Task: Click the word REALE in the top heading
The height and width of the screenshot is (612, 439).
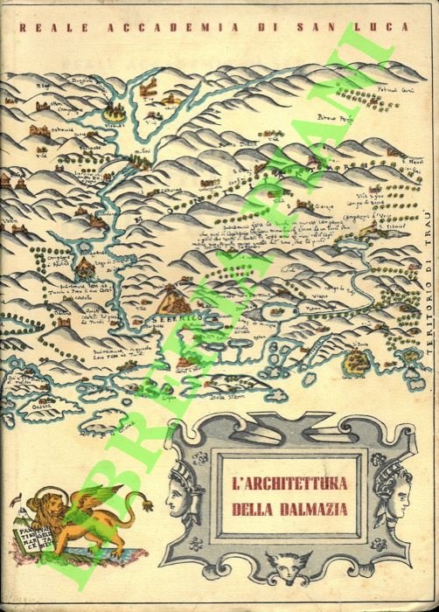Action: coord(43,27)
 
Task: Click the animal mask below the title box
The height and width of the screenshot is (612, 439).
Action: coord(286,575)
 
